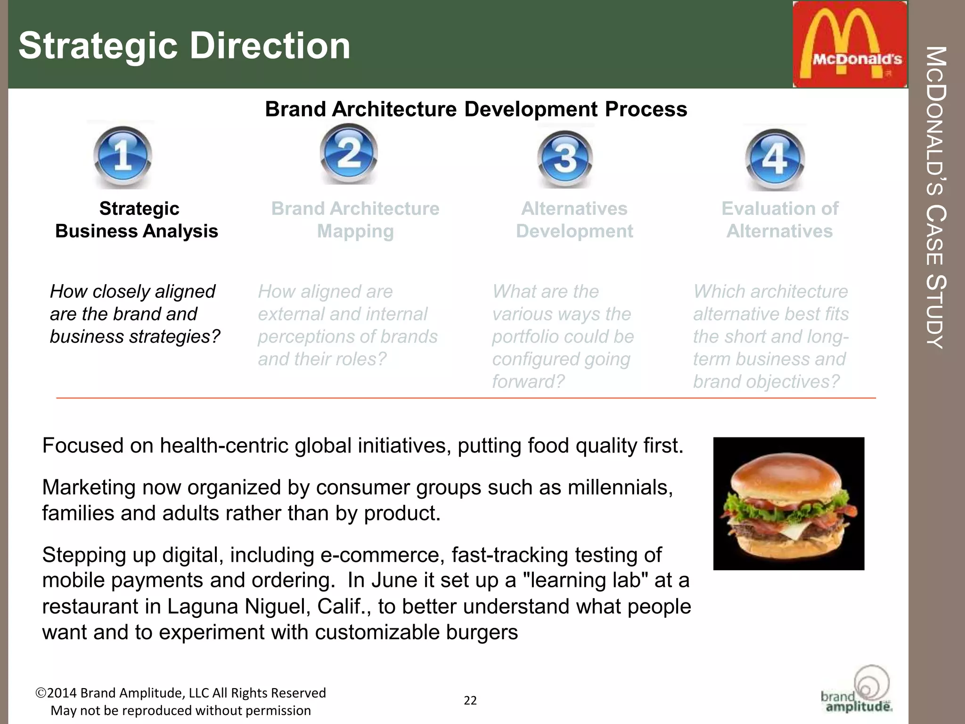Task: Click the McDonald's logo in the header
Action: point(850,44)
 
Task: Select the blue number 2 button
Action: point(349,153)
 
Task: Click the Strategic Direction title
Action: point(184,46)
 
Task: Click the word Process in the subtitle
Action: point(646,109)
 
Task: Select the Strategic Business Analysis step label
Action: point(137,220)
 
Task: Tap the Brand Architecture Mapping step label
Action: point(355,220)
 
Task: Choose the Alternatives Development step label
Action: point(574,220)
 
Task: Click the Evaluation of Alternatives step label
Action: point(780,220)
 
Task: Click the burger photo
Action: point(788,503)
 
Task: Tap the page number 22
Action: point(470,700)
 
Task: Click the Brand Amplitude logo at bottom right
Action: point(858,690)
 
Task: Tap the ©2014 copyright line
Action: point(181,693)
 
